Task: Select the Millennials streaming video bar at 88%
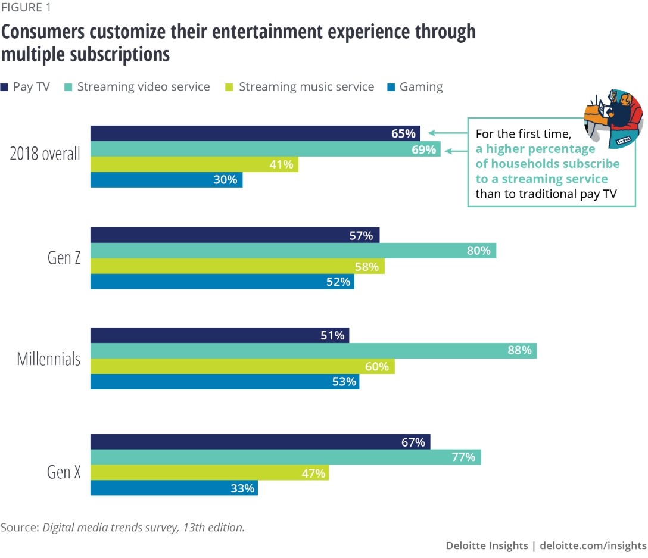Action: (313, 351)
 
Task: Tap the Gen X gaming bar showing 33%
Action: (174, 488)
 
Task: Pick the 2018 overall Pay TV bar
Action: (255, 133)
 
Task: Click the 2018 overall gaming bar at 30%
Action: (166, 179)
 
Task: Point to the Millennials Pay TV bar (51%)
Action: (219, 335)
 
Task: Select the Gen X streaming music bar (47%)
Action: (209, 473)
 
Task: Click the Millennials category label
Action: (48, 359)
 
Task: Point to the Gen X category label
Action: (64, 472)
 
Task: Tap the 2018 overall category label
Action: (45, 154)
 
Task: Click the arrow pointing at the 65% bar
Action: (447, 133)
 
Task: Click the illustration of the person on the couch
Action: (613, 117)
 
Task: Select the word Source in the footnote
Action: (19, 528)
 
